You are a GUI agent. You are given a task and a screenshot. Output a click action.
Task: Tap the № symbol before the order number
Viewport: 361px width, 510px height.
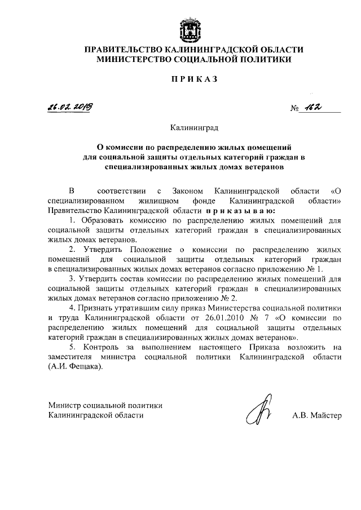pyautogui.click(x=295, y=109)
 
